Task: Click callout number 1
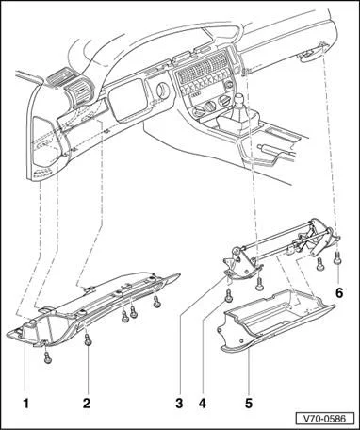(x=26, y=404)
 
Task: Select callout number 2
(x=87, y=404)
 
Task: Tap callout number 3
(x=179, y=404)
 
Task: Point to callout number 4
(x=203, y=404)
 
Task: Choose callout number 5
(x=249, y=404)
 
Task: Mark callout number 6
(x=339, y=293)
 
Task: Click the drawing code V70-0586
(x=324, y=419)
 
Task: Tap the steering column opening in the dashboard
(x=127, y=100)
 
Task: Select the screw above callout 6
(x=337, y=258)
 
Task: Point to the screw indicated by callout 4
(x=229, y=296)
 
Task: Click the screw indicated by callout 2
(x=88, y=340)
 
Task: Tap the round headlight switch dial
(x=163, y=91)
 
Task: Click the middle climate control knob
(x=210, y=107)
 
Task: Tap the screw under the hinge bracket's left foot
(x=259, y=285)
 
